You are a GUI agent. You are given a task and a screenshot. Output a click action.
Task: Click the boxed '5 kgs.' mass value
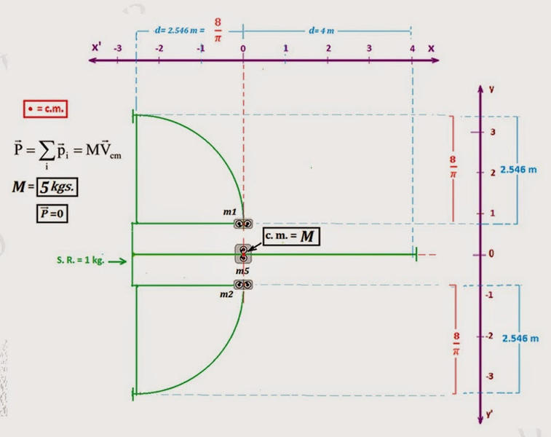pos(57,187)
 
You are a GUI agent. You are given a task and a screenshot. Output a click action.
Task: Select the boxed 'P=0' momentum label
pos(52,213)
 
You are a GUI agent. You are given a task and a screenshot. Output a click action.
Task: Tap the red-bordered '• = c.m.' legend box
pos(45,109)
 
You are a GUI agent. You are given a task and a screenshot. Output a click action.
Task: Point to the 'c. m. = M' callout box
pos(291,236)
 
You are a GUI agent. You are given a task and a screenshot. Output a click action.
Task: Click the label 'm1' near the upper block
pos(230,212)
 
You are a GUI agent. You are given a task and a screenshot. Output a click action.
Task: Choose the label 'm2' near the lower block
pos(226,294)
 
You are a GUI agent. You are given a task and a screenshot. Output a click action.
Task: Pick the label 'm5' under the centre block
pos(242,271)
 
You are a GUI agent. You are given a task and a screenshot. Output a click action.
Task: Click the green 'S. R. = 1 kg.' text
pos(81,260)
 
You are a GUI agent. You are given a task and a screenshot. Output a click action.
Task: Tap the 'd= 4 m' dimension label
pos(321,31)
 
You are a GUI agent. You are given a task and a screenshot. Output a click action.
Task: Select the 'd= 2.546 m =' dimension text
pos(180,31)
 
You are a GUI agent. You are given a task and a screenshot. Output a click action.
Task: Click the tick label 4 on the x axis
pos(412,49)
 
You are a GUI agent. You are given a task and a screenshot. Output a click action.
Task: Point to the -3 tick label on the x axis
pos(118,48)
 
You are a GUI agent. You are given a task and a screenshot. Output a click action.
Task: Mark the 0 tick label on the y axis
pos(491,253)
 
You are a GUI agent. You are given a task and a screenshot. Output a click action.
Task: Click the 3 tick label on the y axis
pos(493,132)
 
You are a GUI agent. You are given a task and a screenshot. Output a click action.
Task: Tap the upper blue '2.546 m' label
pos(518,170)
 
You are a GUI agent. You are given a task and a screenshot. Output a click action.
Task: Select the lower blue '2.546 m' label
pos(520,339)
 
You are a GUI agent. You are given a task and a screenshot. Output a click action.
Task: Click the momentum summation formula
pos(68,153)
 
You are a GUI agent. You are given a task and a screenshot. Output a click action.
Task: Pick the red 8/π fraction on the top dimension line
pos(218,30)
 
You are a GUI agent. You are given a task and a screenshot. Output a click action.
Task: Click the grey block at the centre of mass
pos(243,254)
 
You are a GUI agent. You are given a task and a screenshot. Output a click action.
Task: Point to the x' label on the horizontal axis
pos(96,47)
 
